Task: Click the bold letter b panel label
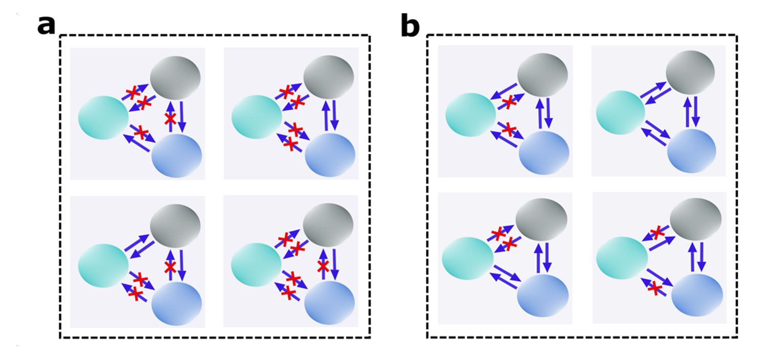click(x=410, y=26)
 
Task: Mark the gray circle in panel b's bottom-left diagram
click(x=541, y=221)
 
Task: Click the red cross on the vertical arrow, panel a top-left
click(x=170, y=119)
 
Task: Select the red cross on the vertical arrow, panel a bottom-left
click(x=170, y=267)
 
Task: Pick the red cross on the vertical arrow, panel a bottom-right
click(x=322, y=266)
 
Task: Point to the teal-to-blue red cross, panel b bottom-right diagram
click(x=653, y=289)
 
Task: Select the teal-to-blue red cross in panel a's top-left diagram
click(x=141, y=133)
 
